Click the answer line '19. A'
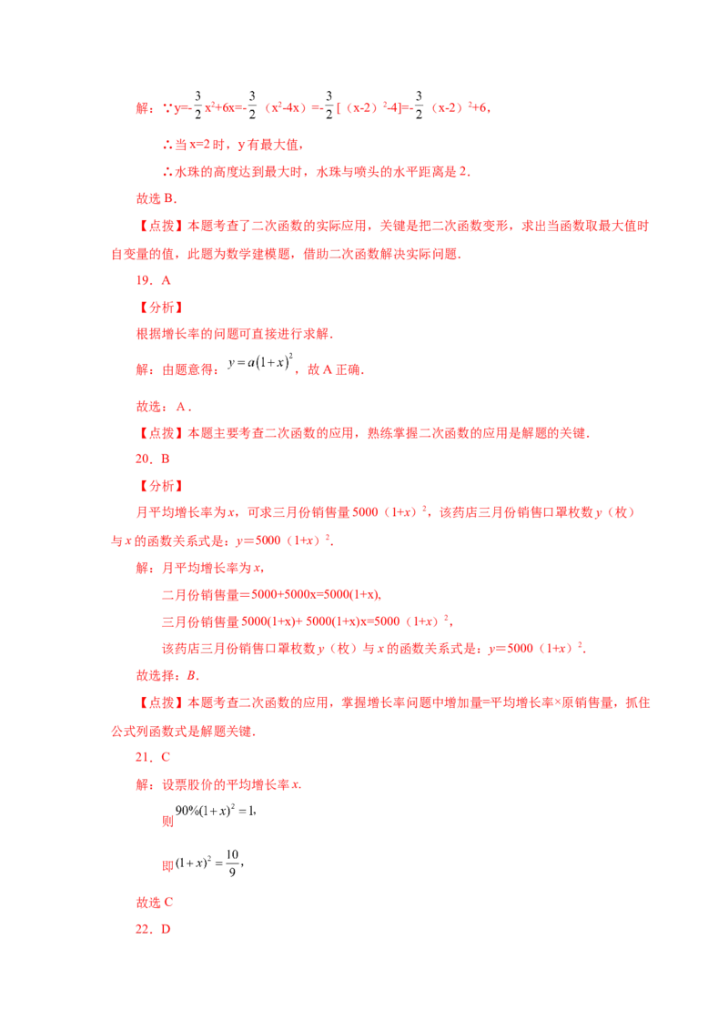click(153, 280)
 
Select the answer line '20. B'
click(153, 459)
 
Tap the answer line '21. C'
click(153, 757)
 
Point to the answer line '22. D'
click(153, 929)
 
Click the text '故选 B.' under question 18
click(157, 198)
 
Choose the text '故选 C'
click(155, 902)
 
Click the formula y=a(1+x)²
click(260, 362)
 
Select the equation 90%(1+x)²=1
click(216, 811)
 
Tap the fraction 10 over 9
click(233, 863)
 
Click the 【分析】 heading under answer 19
click(160, 308)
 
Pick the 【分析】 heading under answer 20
click(160, 486)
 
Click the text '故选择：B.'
click(167, 675)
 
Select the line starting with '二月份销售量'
click(271, 594)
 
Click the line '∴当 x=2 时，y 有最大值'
click(233, 145)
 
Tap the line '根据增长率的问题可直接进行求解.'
click(235, 334)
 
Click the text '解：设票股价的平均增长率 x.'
click(218, 784)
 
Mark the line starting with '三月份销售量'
click(308, 621)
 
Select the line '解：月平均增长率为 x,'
click(200, 568)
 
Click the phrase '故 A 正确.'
click(336, 369)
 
